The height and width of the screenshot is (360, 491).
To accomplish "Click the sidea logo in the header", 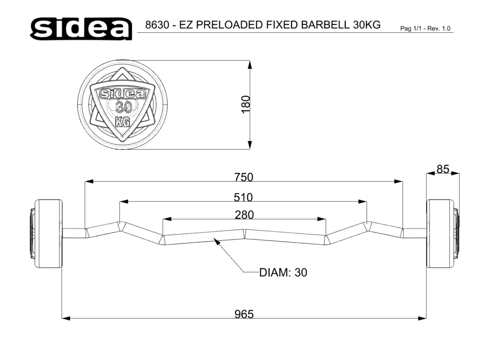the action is click(x=81, y=28).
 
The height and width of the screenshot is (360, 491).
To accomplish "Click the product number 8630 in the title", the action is click(x=157, y=25).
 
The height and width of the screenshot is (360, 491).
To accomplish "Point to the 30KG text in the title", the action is click(x=367, y=25).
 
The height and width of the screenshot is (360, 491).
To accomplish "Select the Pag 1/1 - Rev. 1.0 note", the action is click(x=425, y=28).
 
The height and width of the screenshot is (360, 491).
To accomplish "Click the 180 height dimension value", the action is click(x=246, y=104).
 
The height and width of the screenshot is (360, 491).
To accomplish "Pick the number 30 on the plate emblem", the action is click(x=124, y=108).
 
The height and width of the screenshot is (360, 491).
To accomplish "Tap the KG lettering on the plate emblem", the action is click(x=122, y=121).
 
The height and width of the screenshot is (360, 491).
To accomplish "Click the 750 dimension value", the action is click(x=243, y=177).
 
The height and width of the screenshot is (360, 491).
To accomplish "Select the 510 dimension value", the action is click(x=243, y=197).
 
